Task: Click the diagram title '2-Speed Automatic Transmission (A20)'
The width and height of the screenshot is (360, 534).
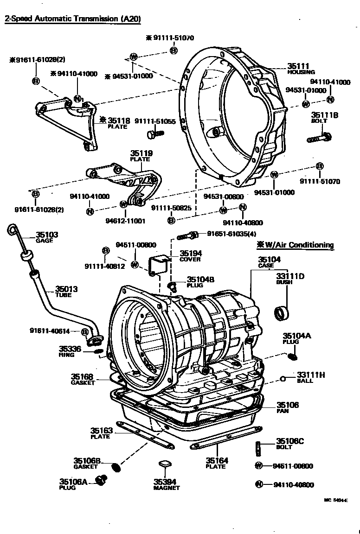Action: coord(72,19)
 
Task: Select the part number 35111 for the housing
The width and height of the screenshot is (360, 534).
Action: coord(298,66)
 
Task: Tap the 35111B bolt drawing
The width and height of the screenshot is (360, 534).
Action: coord(319,137)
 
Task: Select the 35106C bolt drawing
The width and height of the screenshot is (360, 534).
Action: coord(258,448)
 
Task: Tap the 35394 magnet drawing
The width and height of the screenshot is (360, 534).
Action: coord(163,464)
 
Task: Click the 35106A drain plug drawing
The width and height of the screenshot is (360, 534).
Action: coord(101,481)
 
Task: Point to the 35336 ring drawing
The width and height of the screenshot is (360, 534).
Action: coord(98,351)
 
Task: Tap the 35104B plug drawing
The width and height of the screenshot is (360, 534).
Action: coord(173,286)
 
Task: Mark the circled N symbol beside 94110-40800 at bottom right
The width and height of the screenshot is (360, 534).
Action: coord(259,485)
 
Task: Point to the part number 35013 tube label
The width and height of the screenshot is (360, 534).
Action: coord(66,289)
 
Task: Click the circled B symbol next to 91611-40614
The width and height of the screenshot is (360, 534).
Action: coord(85,331)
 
